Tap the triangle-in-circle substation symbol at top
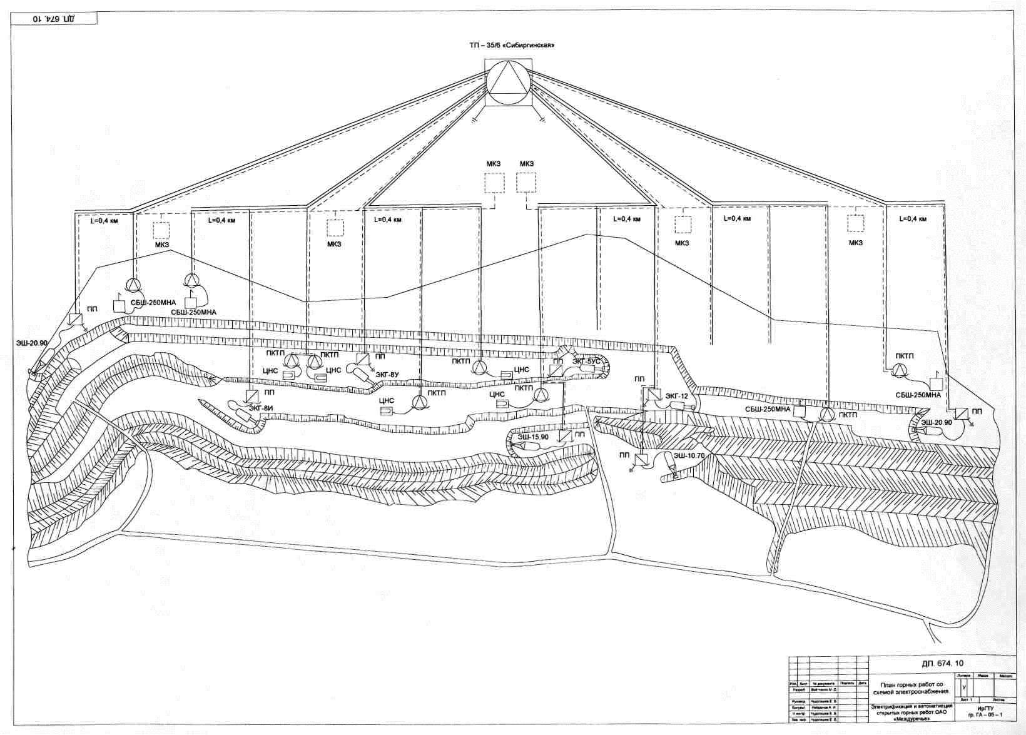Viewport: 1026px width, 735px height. (x=508, y=83)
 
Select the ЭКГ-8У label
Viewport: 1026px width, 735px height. (x=387, y=374)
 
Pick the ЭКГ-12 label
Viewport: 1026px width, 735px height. (x=676, y=396)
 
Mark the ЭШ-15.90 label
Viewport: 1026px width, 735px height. (x=532, y=437)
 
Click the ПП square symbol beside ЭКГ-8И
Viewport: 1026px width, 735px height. (x=251, y=396)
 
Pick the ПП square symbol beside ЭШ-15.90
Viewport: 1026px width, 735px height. (x=565, y=436)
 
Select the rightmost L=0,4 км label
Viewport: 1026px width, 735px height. (x=912, y=219)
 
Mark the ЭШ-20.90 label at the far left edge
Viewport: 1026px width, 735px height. (x=32, y=342)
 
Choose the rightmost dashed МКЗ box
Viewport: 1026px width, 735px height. (x=855, y=223)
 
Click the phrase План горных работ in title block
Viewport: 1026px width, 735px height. (x=912, y=685)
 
